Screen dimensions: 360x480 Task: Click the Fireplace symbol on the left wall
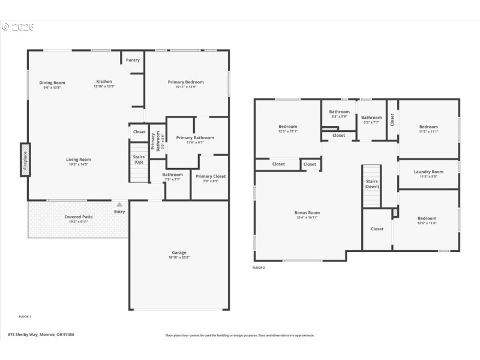point(25,159)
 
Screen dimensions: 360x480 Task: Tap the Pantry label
point(133,60)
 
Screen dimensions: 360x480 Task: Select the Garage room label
point(179,253)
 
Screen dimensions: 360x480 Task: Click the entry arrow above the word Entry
point(119,205)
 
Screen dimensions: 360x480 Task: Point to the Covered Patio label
point(77,217)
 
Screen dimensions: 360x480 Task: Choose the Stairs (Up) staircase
point(139,162)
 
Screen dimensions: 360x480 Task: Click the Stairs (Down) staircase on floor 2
point(371,186)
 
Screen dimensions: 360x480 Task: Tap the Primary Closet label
point(211,176)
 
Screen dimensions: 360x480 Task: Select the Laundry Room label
point(428,172)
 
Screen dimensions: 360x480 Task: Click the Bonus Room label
point(307,212)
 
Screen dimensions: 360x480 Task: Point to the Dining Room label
point(52,83)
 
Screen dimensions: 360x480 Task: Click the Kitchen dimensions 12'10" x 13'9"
point(104,87)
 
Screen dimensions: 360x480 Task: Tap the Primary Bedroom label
point(185,82)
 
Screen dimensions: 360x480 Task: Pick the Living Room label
point(78,159)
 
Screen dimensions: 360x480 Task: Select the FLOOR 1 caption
point(25,316)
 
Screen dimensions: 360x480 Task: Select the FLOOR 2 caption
point(259,268)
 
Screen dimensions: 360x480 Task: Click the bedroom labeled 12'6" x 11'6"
point(427,220)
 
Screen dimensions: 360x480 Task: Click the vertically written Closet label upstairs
point(392,120)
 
